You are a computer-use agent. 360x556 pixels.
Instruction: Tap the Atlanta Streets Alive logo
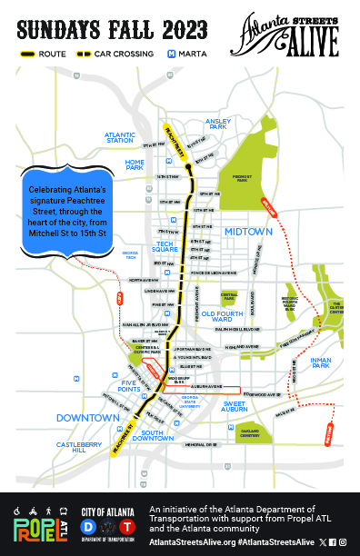(x=290, y=33)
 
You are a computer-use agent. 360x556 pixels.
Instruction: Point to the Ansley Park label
(x=220, y=122)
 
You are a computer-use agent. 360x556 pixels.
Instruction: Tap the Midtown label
(x=248, y=232)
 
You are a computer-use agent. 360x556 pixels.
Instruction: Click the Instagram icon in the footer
(x=342, y=541)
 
